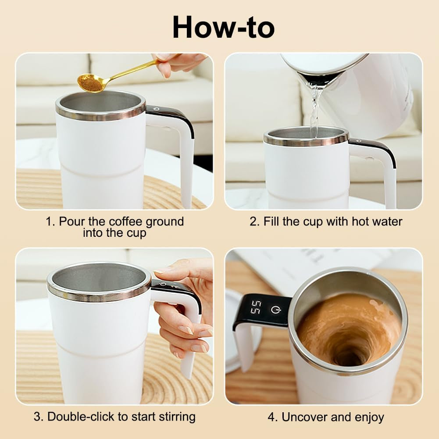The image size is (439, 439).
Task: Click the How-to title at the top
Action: pos(224,27)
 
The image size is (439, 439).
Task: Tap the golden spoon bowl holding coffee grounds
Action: pos(90,82)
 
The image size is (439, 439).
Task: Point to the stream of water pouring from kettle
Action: pos(314,110)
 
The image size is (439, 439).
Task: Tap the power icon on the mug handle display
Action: pos(275,310)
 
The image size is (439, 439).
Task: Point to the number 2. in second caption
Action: pos(254,221)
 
